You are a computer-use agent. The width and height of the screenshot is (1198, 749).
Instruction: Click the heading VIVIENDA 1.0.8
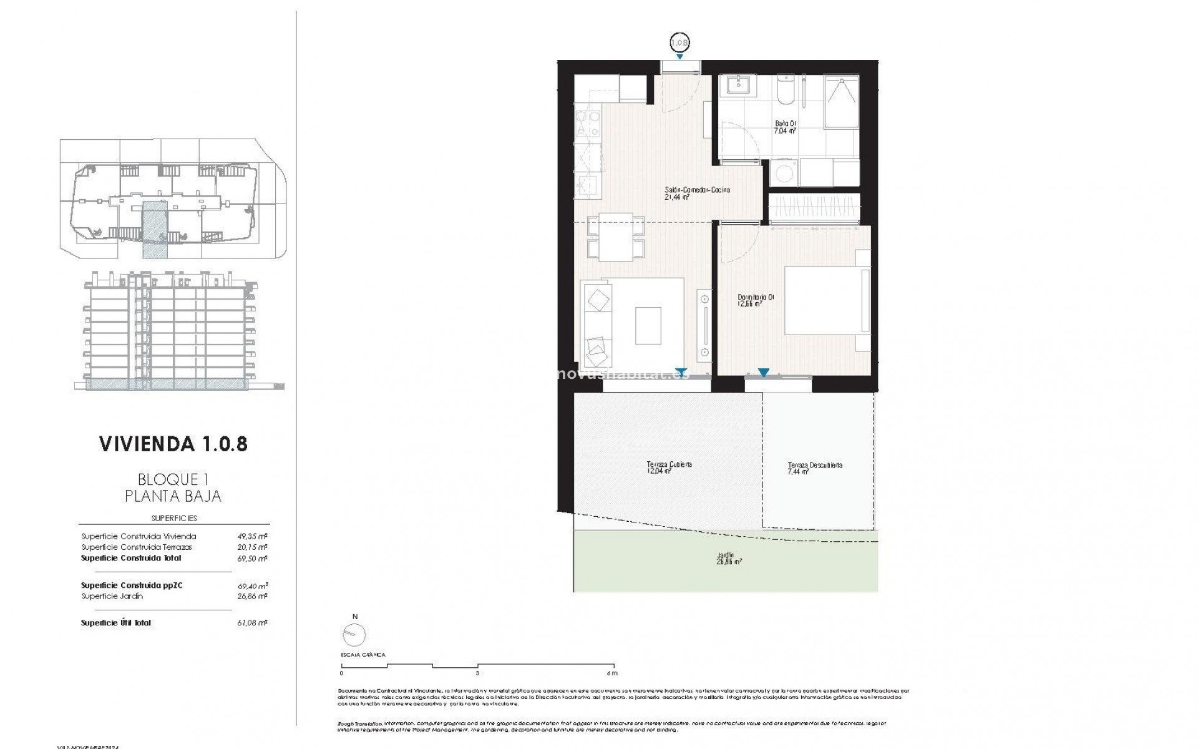(173, 444)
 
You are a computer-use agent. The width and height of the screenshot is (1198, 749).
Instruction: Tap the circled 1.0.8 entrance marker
(679, 43)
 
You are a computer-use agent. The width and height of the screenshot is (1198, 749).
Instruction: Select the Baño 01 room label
(785, 127)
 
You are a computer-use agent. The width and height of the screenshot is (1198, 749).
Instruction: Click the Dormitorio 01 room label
(755, 301)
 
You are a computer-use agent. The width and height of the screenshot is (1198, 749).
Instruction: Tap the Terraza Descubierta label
(814, 468)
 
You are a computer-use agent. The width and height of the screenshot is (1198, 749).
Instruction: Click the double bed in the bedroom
(825, 301)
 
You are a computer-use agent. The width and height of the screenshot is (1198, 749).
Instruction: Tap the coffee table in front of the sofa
(648, 325)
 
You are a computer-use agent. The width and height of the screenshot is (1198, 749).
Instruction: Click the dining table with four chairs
(616, 237)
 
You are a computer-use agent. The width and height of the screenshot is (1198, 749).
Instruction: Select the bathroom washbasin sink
(738, 87)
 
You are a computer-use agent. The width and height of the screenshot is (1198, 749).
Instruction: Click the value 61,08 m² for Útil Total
(253, 623)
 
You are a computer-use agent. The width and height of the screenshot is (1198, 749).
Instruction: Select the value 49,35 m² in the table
(253, 536)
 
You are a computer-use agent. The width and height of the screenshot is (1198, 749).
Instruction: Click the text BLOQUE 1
(173, 479)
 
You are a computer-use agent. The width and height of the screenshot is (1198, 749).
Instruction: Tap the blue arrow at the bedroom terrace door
(763, 373)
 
